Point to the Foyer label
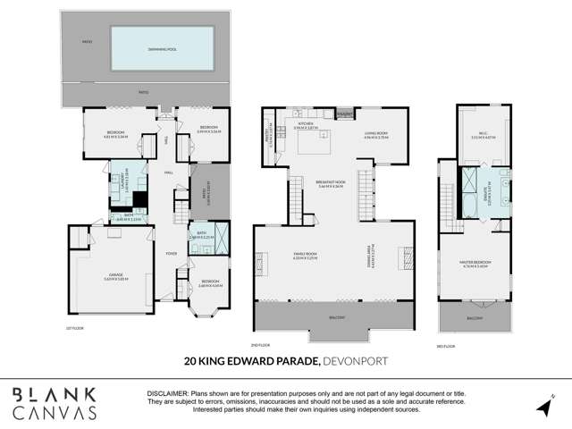click(170, 254)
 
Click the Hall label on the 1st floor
click(168, 172)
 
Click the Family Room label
click(307, 256)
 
